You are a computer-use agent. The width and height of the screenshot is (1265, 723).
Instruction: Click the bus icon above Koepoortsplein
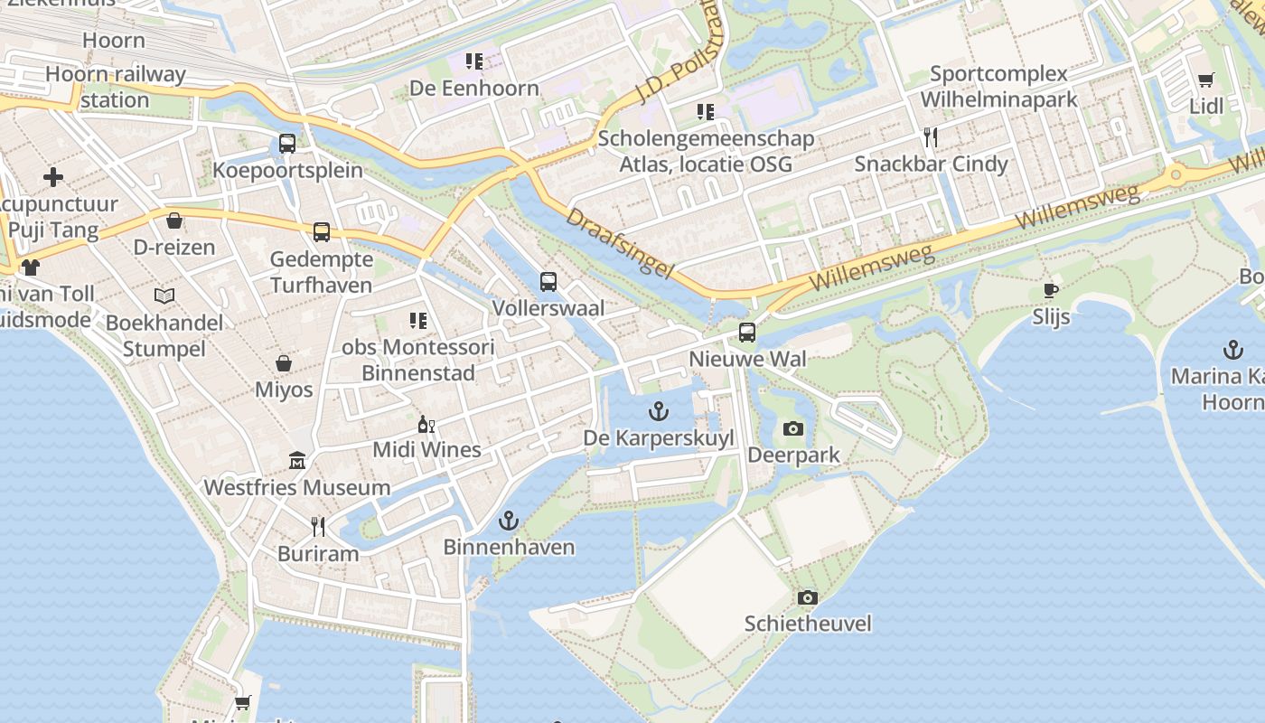pos(287,143)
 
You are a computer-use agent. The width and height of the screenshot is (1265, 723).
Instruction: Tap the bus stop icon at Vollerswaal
pos(548,281)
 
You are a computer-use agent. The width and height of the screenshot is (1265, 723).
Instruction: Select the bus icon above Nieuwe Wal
pos(747,332)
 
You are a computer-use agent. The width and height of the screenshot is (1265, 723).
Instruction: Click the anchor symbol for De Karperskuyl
pos(660,411)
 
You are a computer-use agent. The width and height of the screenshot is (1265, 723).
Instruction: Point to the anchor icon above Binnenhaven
pos(509,520)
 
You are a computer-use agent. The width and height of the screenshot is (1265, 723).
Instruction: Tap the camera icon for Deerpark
pos(793,428)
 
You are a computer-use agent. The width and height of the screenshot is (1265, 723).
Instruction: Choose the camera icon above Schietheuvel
pos(808,597)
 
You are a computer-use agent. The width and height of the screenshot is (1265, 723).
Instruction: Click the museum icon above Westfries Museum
pos(296,461)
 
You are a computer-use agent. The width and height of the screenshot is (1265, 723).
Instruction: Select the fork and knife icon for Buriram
pos(318,526)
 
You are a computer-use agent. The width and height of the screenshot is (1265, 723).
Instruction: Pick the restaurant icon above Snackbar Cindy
pos(931,136)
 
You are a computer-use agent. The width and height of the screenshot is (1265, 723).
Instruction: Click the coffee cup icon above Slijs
pos(1051,290)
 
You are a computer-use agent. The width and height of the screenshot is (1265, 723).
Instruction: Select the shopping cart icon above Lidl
pos(1205,80)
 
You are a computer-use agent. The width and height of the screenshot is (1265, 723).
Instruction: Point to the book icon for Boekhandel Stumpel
pos(164,296)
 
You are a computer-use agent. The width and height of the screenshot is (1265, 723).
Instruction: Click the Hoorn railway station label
pos(115,87)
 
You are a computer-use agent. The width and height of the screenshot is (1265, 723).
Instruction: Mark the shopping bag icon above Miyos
pos(284,363)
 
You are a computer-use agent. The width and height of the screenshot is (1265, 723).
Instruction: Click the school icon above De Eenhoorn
pos(474,61)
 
